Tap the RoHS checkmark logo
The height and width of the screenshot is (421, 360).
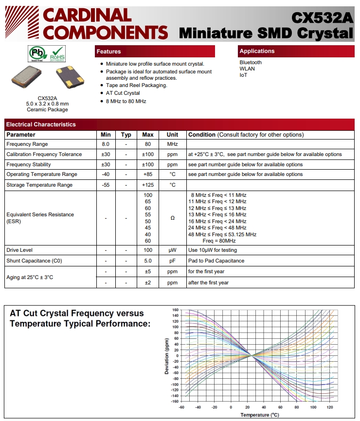(x=57, y=53)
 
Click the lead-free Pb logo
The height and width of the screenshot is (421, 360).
(x=36, y=53)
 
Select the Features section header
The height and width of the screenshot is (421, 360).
(x=108, y=52)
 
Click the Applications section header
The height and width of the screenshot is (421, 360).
(x=257, y=51)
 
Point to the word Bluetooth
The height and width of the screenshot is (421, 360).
(x=251, y=62)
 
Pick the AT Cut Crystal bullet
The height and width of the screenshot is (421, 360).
(x=123, y=93)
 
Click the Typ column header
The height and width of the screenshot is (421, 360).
(x=126, y=135)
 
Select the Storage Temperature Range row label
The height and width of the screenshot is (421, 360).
(x=39, y=185)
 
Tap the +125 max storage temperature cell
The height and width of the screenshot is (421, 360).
(x=148, y=185)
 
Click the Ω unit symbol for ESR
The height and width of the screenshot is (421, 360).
(x=172, y=218)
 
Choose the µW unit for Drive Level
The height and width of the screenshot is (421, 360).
(x=172, y=250)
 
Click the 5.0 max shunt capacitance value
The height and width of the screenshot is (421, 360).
(x=148, y=261)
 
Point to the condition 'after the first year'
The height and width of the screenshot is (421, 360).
(x=208, y=282)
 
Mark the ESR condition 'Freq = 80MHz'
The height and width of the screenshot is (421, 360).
(x=219, y=241)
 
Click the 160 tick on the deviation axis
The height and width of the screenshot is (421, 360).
(x=175, y=310)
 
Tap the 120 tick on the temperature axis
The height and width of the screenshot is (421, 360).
(x=329, y=407)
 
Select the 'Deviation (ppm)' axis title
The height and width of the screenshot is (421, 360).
(x=167, y=355)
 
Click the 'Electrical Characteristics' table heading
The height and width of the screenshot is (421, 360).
(x=41, y=124)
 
